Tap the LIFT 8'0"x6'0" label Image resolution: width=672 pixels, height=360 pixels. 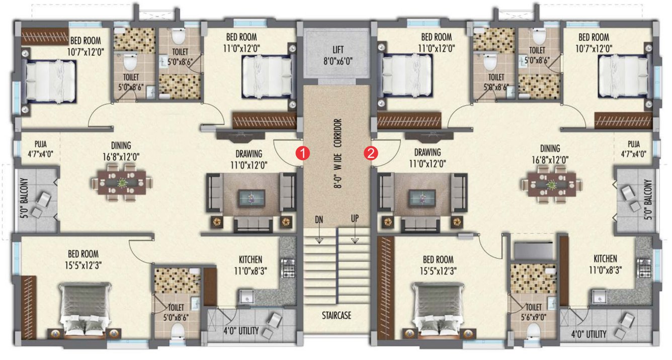point(338,54)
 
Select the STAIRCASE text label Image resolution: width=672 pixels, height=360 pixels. point(337,316)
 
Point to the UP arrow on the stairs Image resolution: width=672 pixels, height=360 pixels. point(356,236)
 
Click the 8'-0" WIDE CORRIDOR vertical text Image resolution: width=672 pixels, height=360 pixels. point(338,153)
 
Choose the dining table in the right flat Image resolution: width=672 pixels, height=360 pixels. point(551,185)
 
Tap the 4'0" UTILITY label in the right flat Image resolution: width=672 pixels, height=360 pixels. point(589,333)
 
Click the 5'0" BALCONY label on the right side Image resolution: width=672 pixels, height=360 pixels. point(649,200)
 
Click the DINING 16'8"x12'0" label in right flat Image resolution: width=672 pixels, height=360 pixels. point(550,153)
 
